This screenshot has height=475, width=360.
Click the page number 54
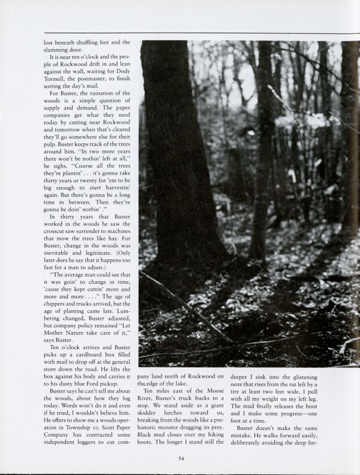pos(179,458)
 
